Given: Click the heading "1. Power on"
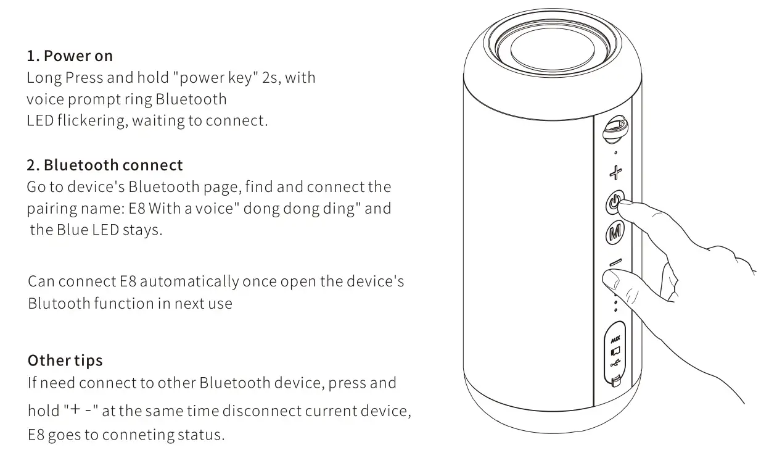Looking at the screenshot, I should pyautogui.click(x=70, y=56).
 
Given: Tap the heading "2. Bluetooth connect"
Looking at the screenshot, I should pyautogui.click(x=105, y=165).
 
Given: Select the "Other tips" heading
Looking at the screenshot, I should pyautogui.click(x=65, y=361).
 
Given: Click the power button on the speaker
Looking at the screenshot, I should pyautogui.click(x=614, y=201).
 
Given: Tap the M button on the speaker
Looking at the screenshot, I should pyautogui.click(x=615, y=233).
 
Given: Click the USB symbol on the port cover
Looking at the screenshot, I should pyautogui.click(x=615, y=364).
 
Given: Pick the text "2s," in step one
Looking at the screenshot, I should pyautogui.click(x=270, y=78).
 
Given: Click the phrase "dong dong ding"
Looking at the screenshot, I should pyautogui.click(x=302, y=209).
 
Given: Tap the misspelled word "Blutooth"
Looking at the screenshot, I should pyautogui.click(x=59, y=304).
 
